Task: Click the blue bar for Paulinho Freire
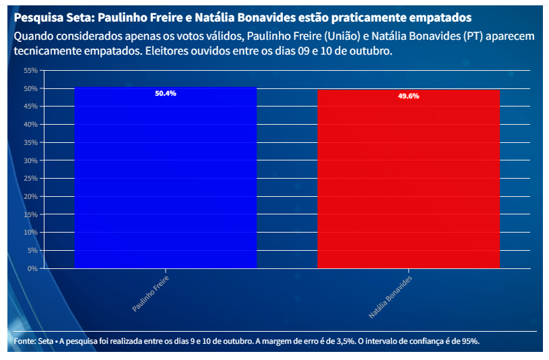point(166,179)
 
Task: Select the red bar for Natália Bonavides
point(408,180)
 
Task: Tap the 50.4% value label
point(166,94)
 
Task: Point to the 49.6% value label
point(408,96)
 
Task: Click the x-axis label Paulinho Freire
point(150,293)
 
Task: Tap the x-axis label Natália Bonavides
point(390,297)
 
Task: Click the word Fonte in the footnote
point(24,341)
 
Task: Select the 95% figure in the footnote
point(470,341)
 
